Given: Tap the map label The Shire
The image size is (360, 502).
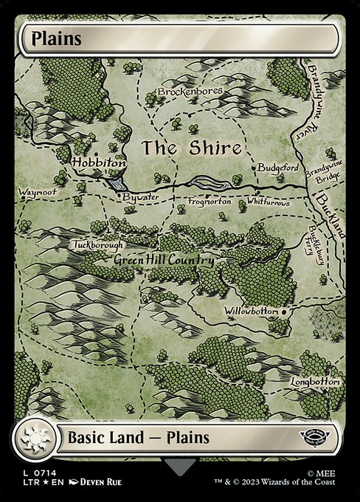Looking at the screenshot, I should (x=192, y=148).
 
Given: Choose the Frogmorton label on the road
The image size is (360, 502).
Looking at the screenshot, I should (x=210, y=201).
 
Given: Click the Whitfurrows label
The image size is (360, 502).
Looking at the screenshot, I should (x=268, y=202).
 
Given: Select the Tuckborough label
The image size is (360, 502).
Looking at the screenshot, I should (x=98, y=244).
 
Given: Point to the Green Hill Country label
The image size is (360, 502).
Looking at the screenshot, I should (x=164, y=261).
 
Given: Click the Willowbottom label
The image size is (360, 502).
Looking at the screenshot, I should (x=252, y=312).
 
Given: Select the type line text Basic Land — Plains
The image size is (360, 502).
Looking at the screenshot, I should (x=139, y=437).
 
